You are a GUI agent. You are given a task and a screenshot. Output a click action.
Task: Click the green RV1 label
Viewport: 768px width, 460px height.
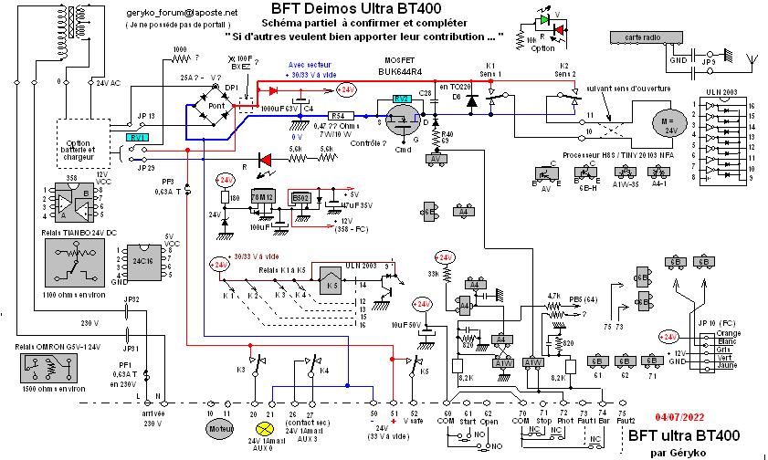pos(136,136)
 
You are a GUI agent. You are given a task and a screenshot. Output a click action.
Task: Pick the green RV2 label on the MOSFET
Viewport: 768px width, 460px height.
pos(401,99)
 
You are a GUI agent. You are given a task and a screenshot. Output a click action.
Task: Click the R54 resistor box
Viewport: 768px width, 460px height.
pos(337,116)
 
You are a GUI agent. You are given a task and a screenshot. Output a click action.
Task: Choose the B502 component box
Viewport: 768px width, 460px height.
pos(300,196)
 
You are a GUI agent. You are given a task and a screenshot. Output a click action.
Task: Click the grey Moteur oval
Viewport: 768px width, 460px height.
pos(216,426)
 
